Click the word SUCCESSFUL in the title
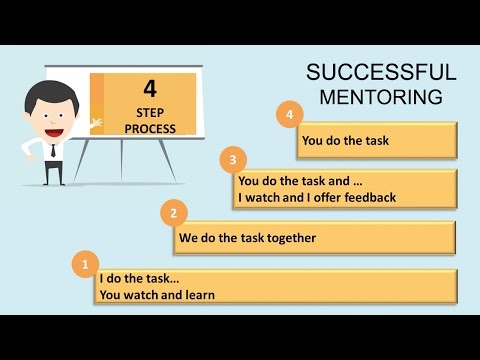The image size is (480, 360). point(381,73)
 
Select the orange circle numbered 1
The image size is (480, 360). point(86,265)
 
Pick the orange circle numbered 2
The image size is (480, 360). point(174,212)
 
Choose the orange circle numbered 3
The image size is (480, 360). point(233,159)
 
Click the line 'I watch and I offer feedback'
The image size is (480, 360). point(317,197)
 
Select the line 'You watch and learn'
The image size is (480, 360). point(157,294)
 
